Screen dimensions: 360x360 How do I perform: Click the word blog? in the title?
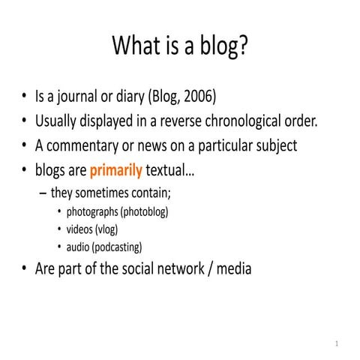[223, 46]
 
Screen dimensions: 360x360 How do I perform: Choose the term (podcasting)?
[118, 247]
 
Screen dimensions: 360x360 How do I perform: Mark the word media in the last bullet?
[232, 268]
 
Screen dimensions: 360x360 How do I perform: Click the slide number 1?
[337, 344]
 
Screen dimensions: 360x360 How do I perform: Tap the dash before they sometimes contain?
[43, 193]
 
